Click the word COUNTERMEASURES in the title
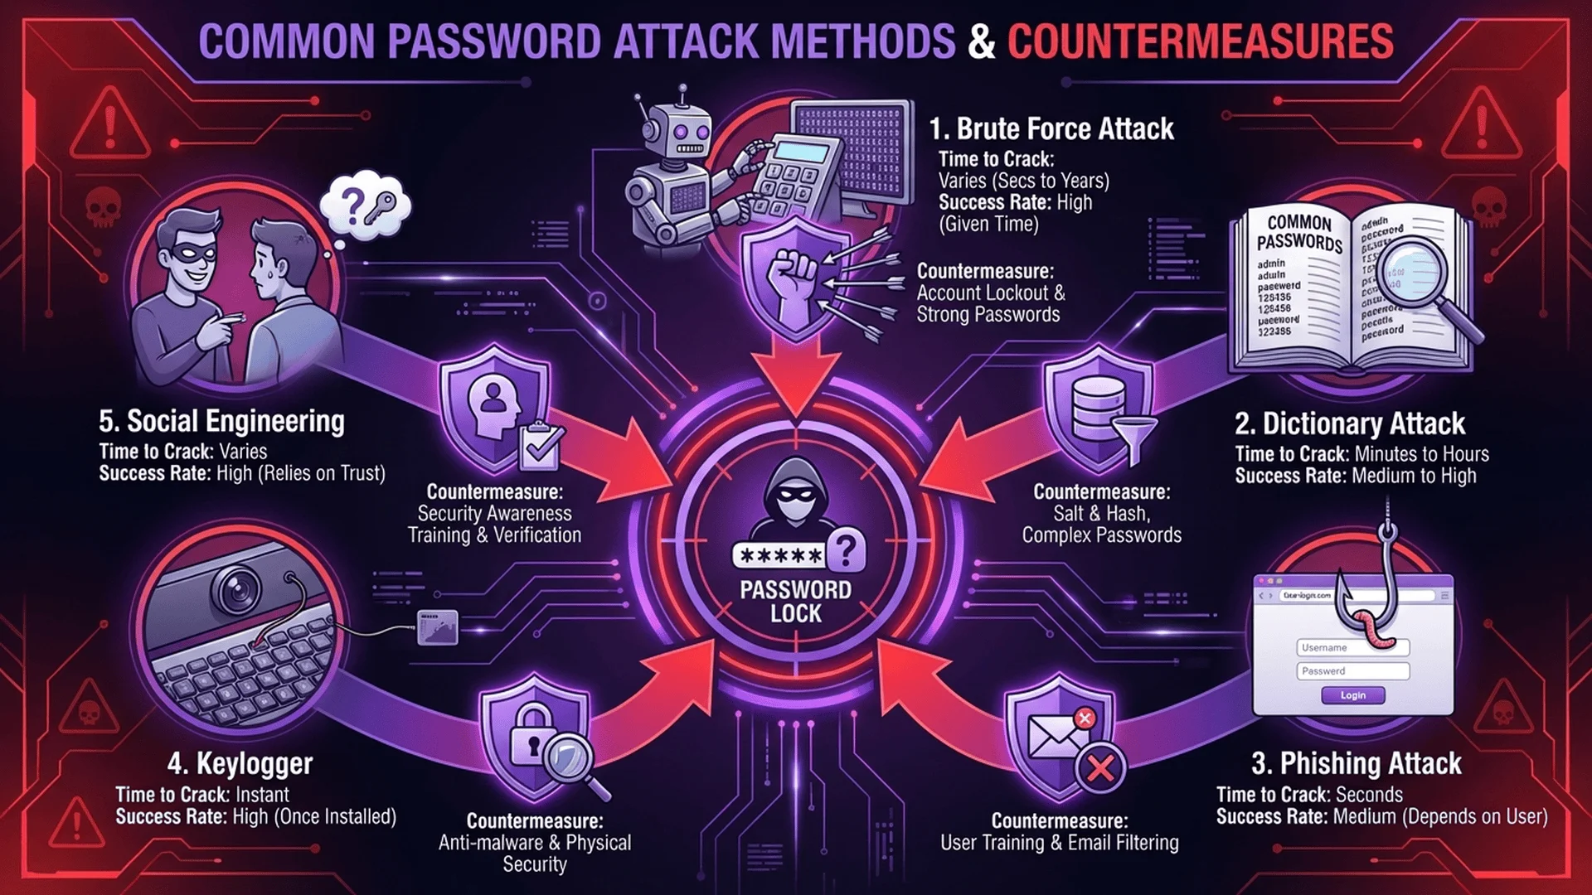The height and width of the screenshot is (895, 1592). (x=1200, y=41)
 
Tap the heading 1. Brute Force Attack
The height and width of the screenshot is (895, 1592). (x=1051, y=129)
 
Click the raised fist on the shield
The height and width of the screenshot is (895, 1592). (x=792, y=282)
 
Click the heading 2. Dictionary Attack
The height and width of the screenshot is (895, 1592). (x=1349, y=424)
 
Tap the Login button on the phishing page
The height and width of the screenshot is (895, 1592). (x=1352, y=695)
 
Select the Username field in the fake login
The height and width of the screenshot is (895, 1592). (x=1352, y=647)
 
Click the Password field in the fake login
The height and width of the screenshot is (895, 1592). (x=1352, y=671)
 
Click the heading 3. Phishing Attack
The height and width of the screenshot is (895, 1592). (x=1356, y=763)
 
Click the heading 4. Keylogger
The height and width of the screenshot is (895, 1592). (x=240, y=763)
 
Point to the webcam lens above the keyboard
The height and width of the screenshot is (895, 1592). (x=236, y=589)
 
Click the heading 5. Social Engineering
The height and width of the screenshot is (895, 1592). (x=221, y=421)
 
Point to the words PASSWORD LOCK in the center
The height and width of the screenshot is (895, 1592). (x=795, y=602)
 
